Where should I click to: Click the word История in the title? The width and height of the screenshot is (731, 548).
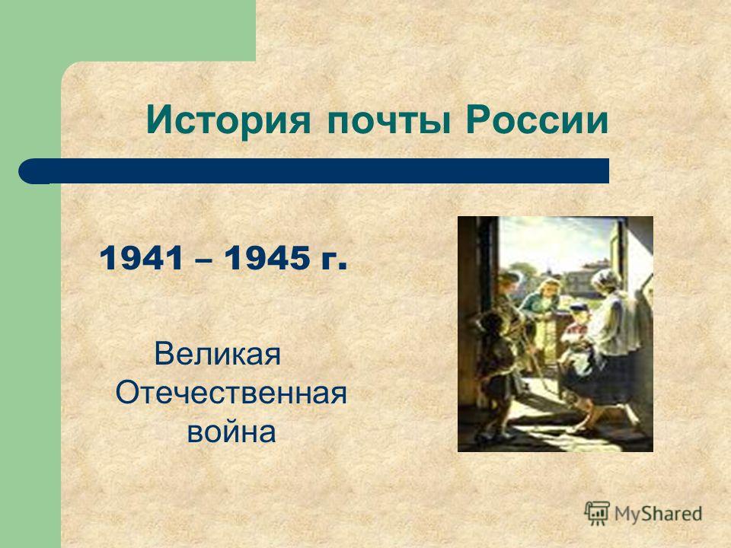click(x=228, y=121)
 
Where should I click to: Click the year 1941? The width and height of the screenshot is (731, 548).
click(x=141, y=258)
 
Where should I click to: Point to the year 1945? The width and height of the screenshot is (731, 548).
click(x=266, y=258)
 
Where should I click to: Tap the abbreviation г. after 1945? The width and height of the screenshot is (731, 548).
click(x=334, y=261)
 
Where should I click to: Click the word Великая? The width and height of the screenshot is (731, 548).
click(x=217, y=354)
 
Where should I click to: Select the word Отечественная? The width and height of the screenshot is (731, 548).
click(x=231, y=393)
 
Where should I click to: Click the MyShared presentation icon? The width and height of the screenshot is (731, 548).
click(x=597, y=513)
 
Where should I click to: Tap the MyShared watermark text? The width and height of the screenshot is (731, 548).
click(x=658, y=514)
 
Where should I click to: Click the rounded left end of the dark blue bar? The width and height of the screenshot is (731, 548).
click(x=28, y=171)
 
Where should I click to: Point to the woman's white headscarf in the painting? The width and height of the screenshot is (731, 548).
click(x=605, y=279)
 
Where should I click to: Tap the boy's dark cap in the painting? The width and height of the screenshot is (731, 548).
click(x=579, y=308)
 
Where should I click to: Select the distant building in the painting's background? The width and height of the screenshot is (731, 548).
click(x=586, y=277)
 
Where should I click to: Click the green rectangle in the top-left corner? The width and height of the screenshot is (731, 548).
click(x=128, y=30)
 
